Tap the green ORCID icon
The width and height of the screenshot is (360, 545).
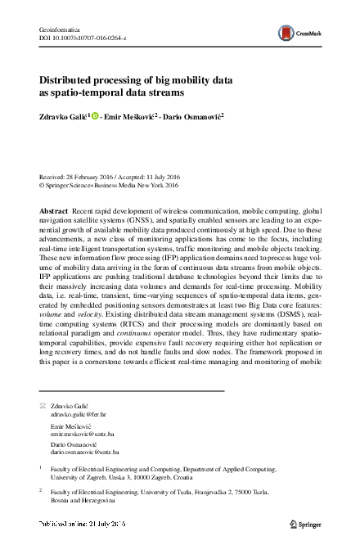point(95,116)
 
